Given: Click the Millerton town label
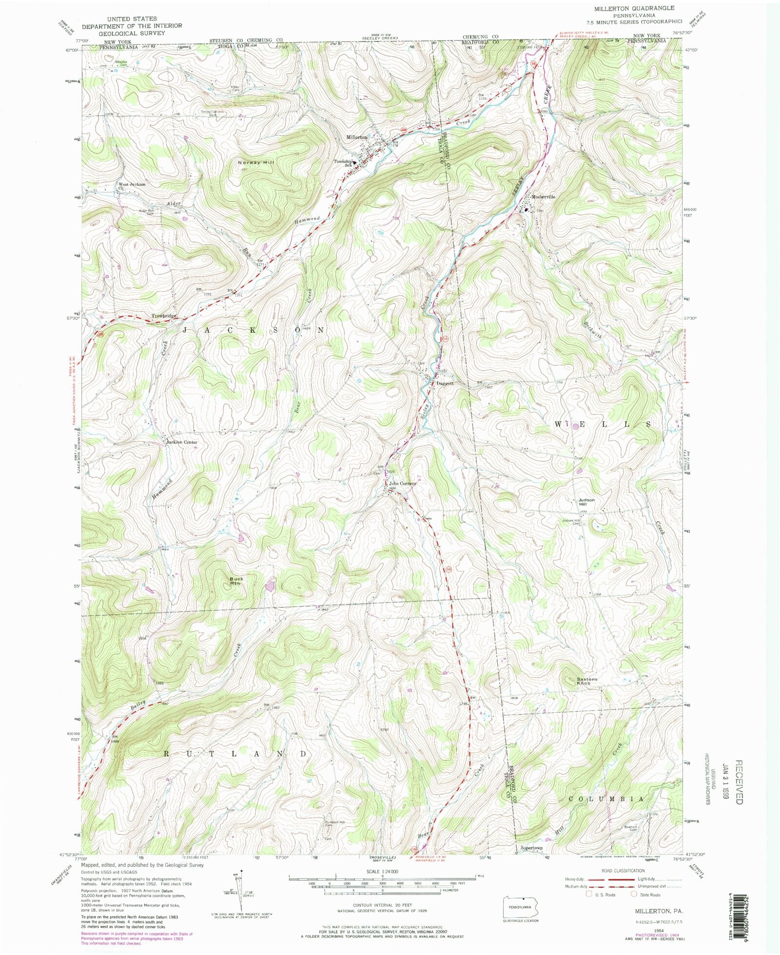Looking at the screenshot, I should pos(356,137).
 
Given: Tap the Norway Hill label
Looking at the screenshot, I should pos(253,162).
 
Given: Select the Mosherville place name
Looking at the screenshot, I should pos(543,197).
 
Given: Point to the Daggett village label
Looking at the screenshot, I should pos(445,383).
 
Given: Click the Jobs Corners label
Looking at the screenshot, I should pos(402,484).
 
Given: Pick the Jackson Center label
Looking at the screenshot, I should pos(182,442).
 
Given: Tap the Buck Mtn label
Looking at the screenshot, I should pos(236,581).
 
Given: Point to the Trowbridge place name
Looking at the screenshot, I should pos(164,316).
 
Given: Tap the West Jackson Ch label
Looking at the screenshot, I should pos(131,186).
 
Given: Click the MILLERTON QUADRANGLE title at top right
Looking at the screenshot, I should pos(634,8).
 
